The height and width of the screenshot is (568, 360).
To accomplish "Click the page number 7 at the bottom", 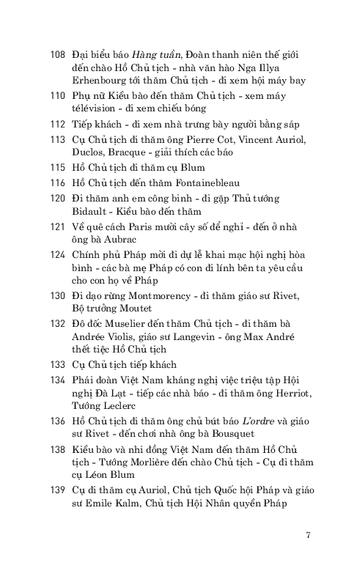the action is click(x=308, y=534).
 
